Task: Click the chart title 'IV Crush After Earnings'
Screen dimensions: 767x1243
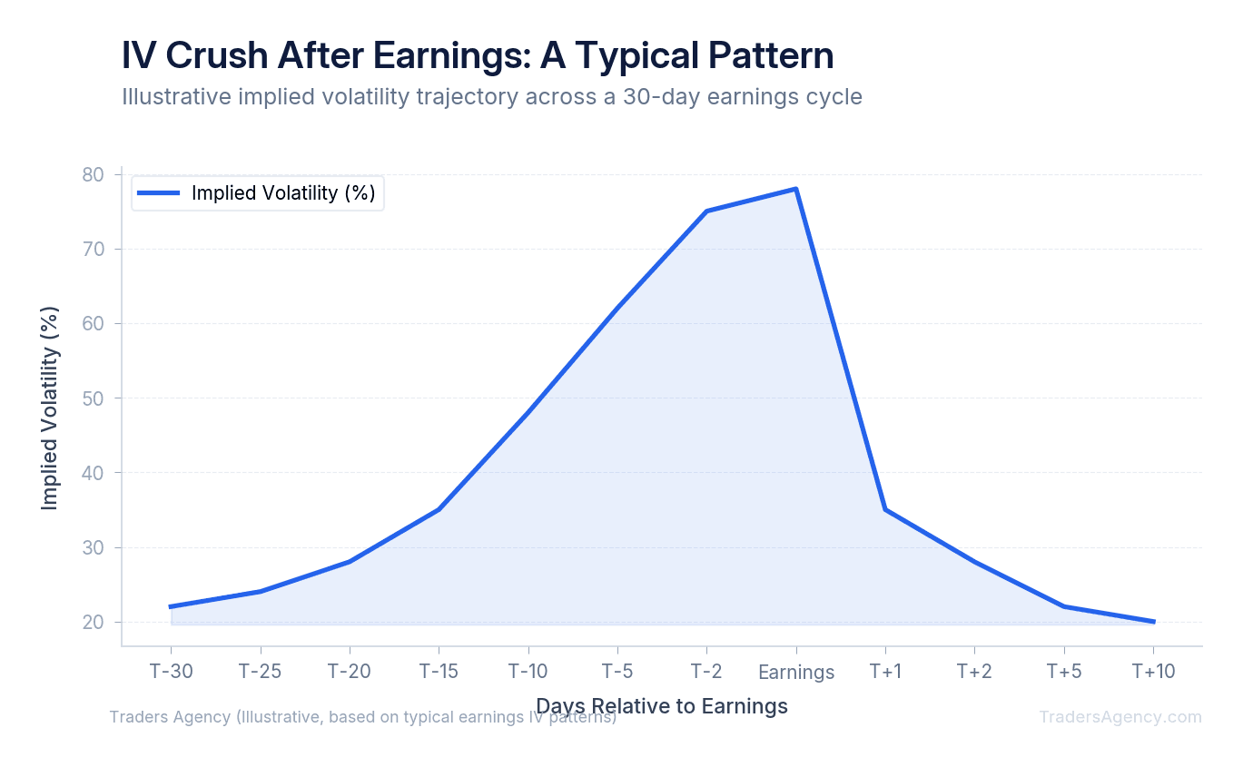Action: pos(478,56)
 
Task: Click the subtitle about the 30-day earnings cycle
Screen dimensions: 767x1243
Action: pos(491,96)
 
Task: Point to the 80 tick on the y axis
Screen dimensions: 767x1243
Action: pos(94,174)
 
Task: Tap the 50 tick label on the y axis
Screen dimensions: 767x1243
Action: pos(94,398)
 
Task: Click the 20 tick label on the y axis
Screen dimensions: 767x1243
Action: pos(94,623)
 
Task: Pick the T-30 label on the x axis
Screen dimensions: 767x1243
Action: pos(171,672)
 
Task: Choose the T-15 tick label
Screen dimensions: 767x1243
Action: pos(439,672)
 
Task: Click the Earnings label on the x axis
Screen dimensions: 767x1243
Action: pos(795,673)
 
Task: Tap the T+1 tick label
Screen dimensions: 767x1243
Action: pos(885,672)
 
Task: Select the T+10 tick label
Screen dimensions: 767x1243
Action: pos(1153,672)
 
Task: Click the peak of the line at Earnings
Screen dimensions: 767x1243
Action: pos(796,189)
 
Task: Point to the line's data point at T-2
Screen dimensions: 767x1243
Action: pos(706,211)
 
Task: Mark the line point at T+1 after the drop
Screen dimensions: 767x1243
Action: pos(885,509)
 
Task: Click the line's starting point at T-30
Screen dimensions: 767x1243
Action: pos(171,606)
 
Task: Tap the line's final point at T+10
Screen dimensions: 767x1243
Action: pos(1153,622)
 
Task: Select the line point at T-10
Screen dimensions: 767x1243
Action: pos(528,412)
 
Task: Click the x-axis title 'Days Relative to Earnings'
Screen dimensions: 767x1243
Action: pos(661,706)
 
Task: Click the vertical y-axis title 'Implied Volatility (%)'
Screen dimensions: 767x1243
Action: pos(50,408)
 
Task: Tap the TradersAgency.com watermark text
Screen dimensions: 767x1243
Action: pos(1120,717)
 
